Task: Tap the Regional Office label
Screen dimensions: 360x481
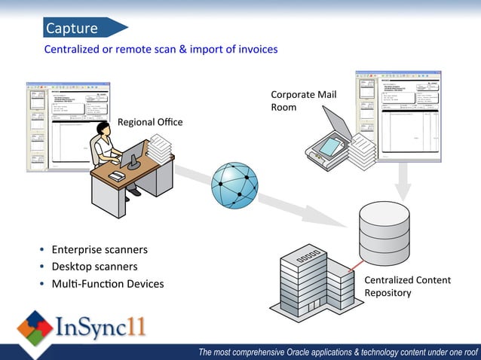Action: coord(150,122)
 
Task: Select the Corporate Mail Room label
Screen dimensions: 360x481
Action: coord(303,101)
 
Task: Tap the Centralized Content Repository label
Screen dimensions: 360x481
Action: coord(407,286)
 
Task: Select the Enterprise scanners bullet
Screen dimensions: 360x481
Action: coord(99,249)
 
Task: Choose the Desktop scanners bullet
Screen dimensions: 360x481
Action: coord(94,267)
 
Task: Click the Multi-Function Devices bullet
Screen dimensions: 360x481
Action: coord(107,284)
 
